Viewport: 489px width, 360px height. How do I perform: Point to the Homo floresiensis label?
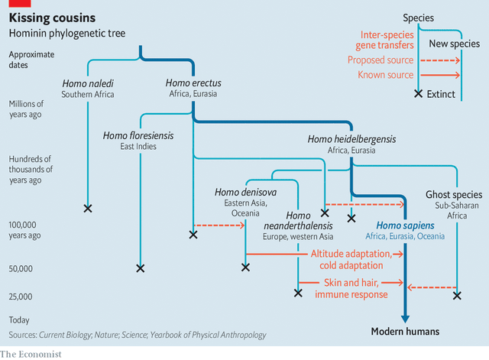click(138, 136)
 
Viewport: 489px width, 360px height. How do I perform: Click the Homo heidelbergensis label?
click(352, 140)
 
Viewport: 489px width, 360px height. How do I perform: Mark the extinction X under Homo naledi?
click(87, 208)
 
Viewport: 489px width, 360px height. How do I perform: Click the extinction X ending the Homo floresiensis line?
click(139, 268)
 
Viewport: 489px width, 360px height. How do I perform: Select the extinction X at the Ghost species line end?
click(457, 295)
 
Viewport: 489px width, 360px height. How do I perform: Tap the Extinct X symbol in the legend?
click(418, 94)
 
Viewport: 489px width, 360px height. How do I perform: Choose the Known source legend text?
click(386, 75)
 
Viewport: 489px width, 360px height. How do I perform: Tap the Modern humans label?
click(405, 331)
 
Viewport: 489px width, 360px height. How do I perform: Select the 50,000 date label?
click(21, 269)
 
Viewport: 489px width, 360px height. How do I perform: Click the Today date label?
click(20, 319)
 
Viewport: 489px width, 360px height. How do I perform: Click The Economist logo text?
click(31, 354)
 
